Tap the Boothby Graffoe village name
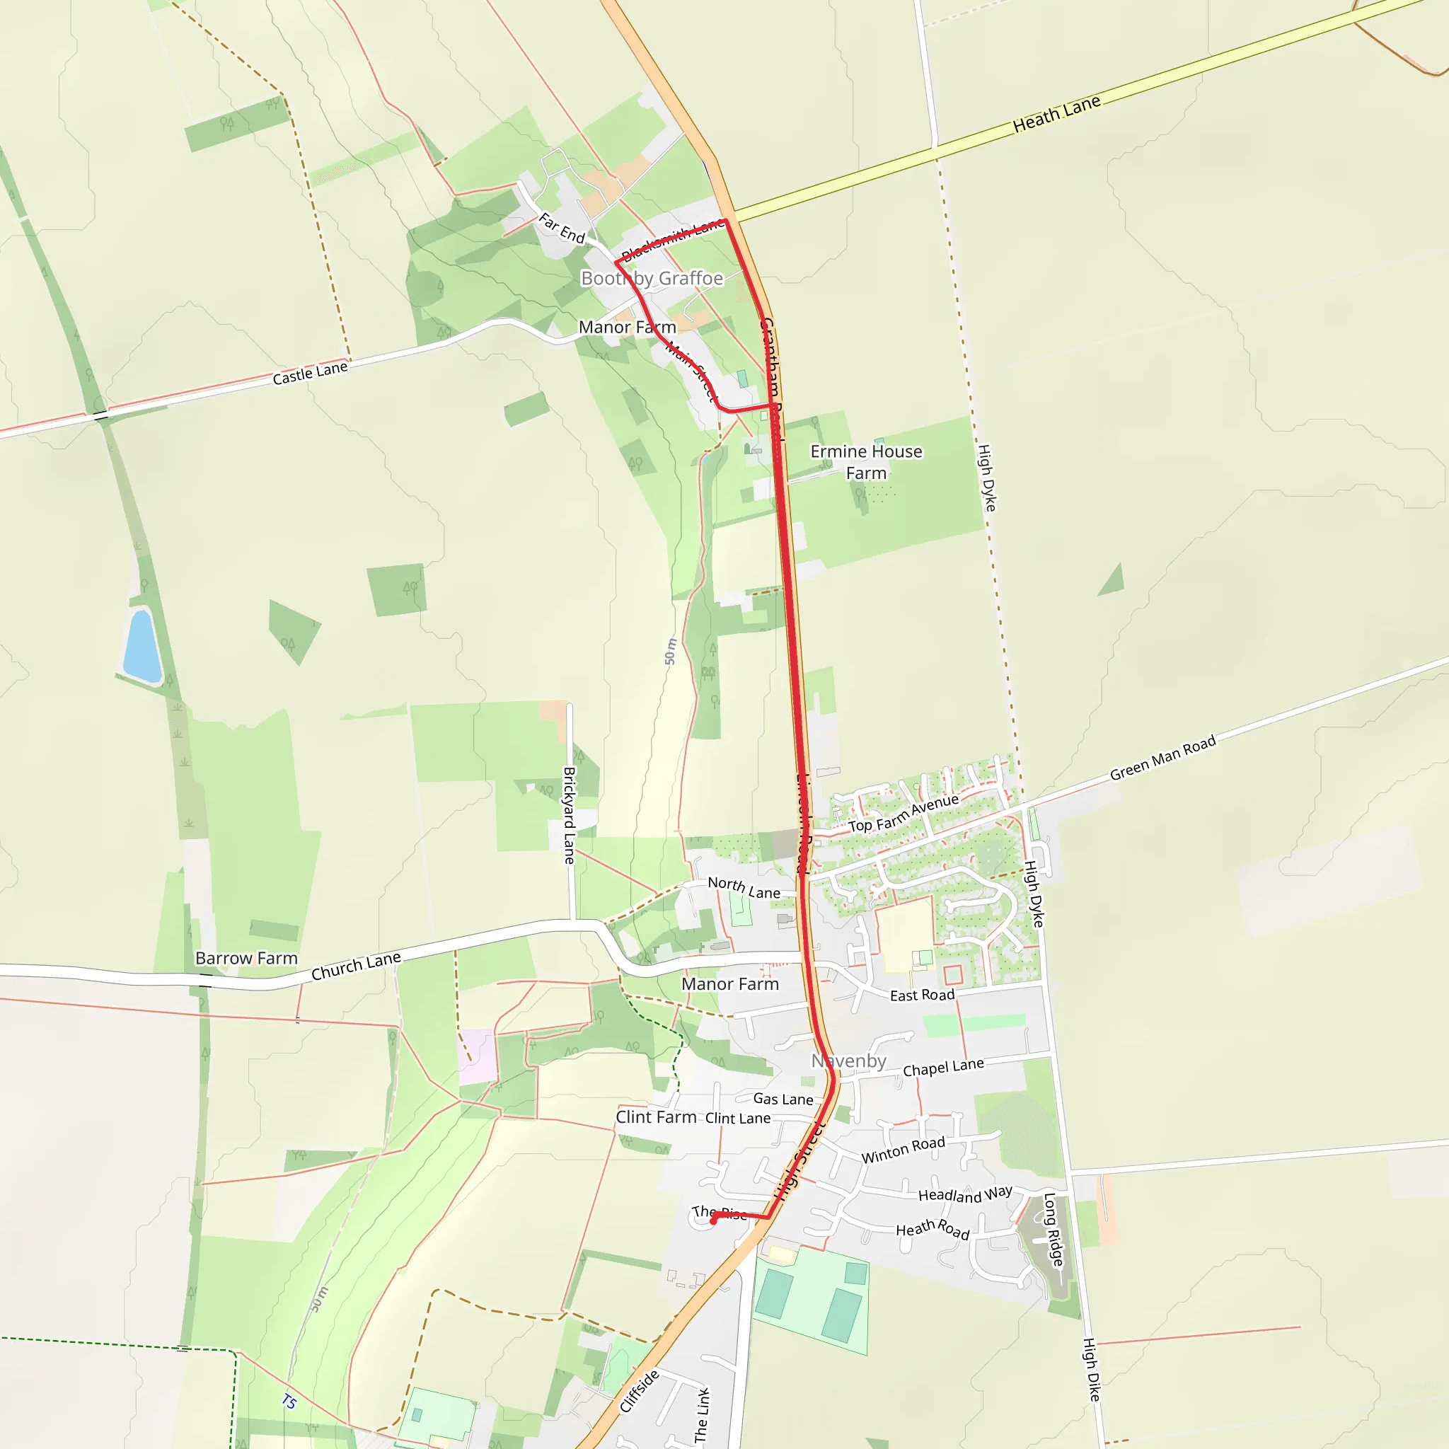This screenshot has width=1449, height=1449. [652, 278]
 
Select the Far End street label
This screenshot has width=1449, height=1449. [562, 228]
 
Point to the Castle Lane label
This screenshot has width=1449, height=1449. [310, 373]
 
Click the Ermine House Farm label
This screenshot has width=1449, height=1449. [866, 462]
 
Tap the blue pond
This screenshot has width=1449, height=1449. [142, 646]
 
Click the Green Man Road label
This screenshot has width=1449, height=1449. [1162, 758]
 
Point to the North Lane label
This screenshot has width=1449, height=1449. [744, 888]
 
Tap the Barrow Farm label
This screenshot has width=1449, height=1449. [246, 959]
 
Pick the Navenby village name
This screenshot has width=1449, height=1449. [848, 1061]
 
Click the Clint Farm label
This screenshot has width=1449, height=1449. [655, 1117]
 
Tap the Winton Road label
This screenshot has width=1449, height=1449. [903, 1150]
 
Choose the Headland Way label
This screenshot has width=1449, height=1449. [965, 1195]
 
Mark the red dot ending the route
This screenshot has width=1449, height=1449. [713, 1221]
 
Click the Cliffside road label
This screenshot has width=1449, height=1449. [639, 1390]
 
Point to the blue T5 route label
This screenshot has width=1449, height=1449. [289, 1401]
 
